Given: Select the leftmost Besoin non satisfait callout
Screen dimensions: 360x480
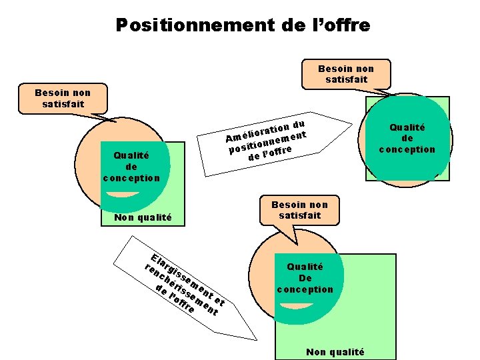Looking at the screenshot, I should point(63,98).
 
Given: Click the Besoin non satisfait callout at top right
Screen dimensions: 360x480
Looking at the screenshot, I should point(346,73).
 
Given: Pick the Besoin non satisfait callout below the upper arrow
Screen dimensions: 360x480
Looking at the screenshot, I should point(299,210).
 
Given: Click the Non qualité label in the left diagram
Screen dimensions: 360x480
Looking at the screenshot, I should point(143,217).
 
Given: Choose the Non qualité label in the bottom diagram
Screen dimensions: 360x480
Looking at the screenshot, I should point(335,352).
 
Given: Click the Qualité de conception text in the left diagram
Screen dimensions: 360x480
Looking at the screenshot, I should point(131,167).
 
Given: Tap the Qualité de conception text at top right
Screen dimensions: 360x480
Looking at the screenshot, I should point(407,138).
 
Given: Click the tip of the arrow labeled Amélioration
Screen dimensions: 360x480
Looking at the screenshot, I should point(351,124).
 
